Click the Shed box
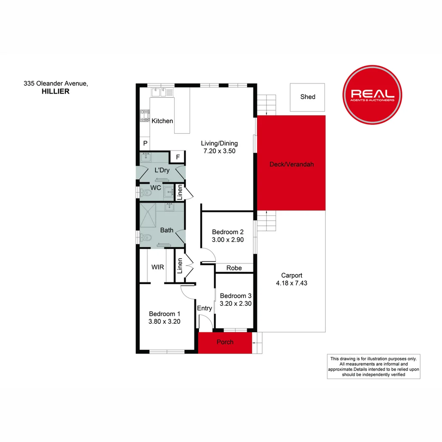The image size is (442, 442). pyautogui.click(x=307, y=97)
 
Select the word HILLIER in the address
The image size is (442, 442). pyautogui.click(x=56, y=92)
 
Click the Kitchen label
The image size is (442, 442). pyautogui.click(x=162, y=121)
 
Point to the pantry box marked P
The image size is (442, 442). pyautogui.click(x=145, y=144)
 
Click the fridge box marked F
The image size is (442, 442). pyautogui.click(x=178, y=157)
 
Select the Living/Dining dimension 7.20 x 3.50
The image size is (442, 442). pyautogui.click(x=219, y=151)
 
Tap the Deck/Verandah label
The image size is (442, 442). pyautogui.click(x=291, y=165)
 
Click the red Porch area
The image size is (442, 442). pyautogui.click(x=225, y=342)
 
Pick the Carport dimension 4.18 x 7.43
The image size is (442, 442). pyautogui.click(x=291, y=283)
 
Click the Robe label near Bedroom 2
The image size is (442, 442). pyautogui.click(x=234, y=268)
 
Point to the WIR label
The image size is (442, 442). pyautogui.click(x=158, y=267)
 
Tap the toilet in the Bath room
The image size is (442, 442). pyautogui.click(x=146, y=237)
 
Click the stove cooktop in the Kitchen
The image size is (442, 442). pyautogui.click(x=145, y=115)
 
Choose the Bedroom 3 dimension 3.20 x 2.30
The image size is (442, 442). pyautogui.click(x=235, y=304)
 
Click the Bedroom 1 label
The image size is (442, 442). pyautogui.click(x=165, y=313)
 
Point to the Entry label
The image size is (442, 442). pyautogui.click(x=205, y=308)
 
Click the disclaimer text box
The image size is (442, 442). pyautogui.click(x=373, y=366)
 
